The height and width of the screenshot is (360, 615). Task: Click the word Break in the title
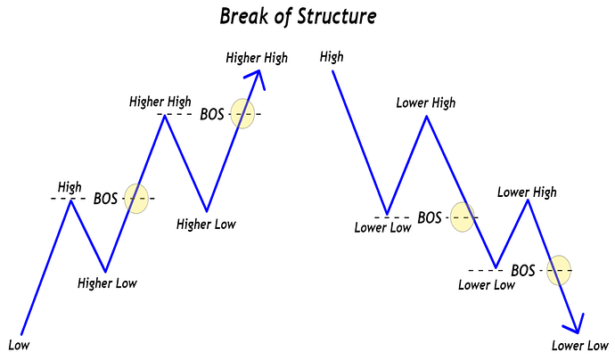coord(243,16)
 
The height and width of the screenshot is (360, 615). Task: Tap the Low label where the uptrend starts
coord(18,344)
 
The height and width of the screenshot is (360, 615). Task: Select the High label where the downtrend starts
coord(331,57)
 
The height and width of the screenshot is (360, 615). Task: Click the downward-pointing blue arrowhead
coord(575,323)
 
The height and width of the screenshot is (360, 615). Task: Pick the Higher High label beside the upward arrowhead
coord(257,58)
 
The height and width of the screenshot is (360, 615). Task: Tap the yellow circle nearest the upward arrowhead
coord(242,113)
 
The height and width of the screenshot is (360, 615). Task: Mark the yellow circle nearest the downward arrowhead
coord(559,269)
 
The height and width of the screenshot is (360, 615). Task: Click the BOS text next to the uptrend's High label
coord(106,199)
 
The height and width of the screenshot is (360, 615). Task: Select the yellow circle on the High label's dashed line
coord(136,198)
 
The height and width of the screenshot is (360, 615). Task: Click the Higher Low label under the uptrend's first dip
coord(107,284)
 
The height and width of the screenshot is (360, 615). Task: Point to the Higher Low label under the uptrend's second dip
coord(206,224)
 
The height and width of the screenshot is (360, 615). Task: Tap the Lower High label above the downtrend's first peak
coord(425,102)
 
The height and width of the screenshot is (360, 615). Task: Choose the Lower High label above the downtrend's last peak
coord(527,192)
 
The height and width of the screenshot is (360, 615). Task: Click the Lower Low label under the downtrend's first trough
coord(383,228)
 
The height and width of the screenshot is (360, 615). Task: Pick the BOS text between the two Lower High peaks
coord(430,217)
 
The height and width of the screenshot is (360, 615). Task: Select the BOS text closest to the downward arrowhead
coord(524,269)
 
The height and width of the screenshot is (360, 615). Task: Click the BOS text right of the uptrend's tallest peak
coord(212,114)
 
